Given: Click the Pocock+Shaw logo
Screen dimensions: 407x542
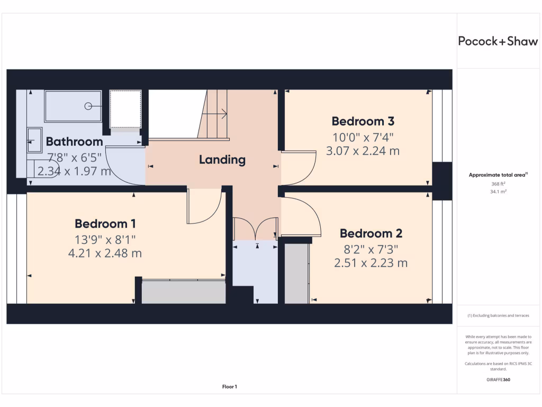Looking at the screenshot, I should point(498,42).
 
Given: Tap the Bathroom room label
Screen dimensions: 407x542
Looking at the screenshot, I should point(74,141).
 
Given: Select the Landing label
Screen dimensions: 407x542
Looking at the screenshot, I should point(222,160).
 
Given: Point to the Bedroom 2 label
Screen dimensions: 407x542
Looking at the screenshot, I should point(371,233).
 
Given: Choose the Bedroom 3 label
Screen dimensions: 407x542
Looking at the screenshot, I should point(363,121).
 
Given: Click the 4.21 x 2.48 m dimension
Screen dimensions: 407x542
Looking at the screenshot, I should point(105,253).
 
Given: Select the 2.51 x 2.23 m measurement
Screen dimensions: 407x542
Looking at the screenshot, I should point(371,262).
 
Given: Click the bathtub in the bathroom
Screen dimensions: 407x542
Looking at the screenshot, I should point(73,107).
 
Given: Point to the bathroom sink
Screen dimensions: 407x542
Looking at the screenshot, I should point(34,140).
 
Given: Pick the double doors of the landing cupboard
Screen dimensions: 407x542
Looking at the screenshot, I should point(256,228).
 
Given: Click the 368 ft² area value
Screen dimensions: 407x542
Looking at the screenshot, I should point(498,184).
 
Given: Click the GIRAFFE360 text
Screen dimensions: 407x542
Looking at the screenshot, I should point(498,379).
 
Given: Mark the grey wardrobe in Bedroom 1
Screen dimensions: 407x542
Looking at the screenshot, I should point(183,292).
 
